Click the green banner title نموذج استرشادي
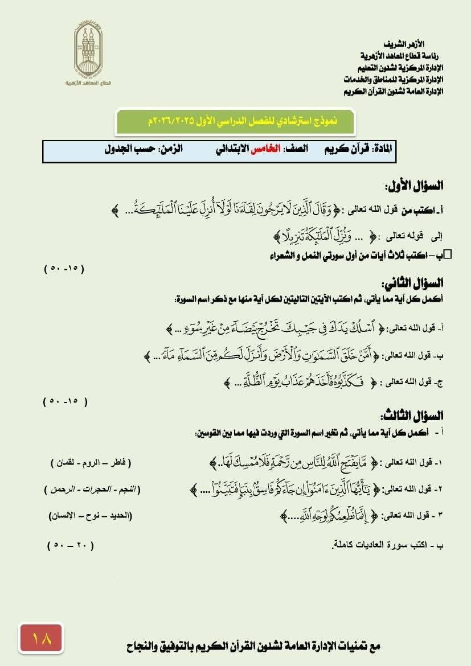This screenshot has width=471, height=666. tap(235, 121)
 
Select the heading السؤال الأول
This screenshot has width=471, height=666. tap(414, 186)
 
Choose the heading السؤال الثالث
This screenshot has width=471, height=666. tap(413, 416)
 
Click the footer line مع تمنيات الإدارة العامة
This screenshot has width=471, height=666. tap(253, 646)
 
